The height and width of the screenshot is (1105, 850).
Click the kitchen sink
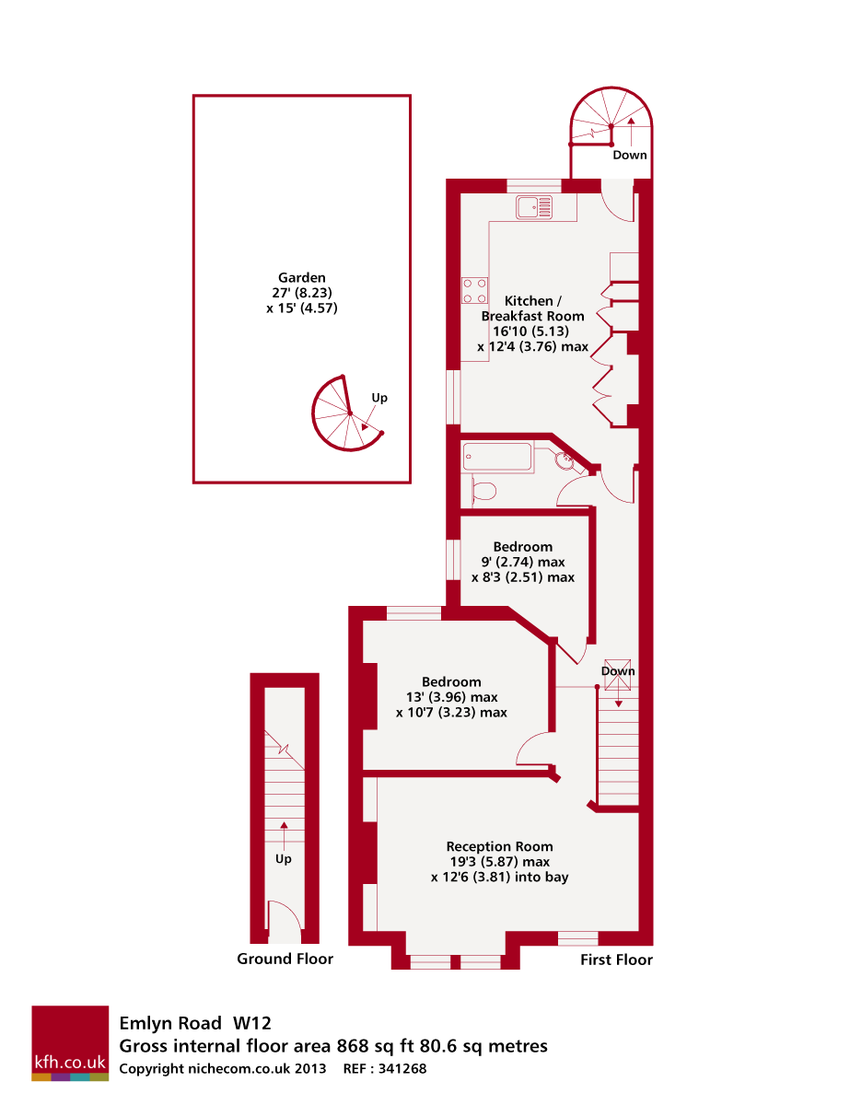(534, 207)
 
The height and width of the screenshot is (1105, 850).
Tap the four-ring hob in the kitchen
(475, 291)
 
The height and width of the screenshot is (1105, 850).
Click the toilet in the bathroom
(484, 490)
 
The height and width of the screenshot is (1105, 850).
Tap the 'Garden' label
(302, 277)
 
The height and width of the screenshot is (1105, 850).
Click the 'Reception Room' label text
(499, 846)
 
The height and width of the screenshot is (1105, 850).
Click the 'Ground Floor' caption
(285, 959)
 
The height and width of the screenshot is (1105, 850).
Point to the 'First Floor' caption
(616, 960)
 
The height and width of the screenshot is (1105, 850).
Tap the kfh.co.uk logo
(71, 1042)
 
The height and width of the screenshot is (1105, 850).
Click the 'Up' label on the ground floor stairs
(284, 859)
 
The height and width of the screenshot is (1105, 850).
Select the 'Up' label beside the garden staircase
(379, 398)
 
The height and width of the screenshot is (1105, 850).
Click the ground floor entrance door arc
(285, 917)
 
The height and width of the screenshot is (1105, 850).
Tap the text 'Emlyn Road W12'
(195, 1023)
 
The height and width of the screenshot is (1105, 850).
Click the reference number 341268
(399, 1069)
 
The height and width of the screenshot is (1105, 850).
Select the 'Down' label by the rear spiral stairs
(630, 155)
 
